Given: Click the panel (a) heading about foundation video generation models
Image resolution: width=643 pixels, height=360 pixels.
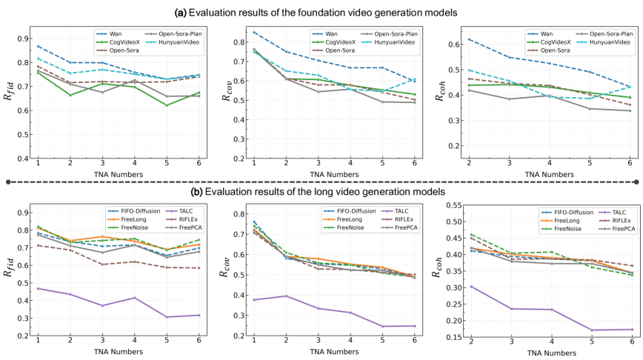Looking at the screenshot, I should [321, 12].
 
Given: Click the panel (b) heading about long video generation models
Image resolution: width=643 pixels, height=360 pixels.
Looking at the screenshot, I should [321, 191].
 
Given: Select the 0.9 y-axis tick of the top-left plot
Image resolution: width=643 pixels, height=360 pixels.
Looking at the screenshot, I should [24, 39].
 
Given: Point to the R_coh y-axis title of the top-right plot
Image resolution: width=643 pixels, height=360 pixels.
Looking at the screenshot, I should [442, 91].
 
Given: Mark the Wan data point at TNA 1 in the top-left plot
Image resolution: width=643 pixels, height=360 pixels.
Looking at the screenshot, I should [39, 46].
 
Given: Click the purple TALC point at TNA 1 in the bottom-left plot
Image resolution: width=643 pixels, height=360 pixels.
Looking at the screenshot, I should [39, 288].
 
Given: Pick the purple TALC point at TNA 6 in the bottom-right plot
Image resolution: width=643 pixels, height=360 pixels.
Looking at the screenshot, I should [631, 329].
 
